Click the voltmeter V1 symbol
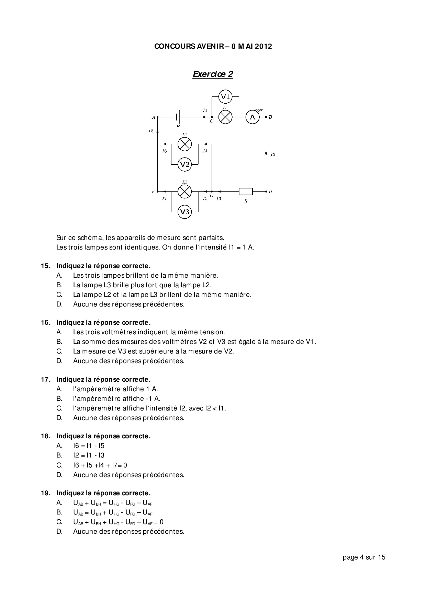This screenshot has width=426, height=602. click(225, 96)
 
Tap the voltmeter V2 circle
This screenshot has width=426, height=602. click(185, 164)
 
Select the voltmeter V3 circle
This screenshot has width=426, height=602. click(185, 212)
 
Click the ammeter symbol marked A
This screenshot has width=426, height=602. click(253, 117)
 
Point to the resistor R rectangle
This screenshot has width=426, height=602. click(246, 192)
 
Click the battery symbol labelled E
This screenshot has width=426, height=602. click(178, 117)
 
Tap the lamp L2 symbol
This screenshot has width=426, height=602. click(185, 144)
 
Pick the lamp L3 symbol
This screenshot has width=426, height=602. click(185, 192)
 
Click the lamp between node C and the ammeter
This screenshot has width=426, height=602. click(225, 117)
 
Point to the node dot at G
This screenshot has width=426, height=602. click(212, 192)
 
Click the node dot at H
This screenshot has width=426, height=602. click(266, 192)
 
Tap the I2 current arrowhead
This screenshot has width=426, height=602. click(266, 154)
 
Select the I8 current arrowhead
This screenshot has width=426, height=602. click(157, 130)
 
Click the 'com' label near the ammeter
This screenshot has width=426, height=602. click(259, 110)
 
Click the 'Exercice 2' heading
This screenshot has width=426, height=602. click(213, 74)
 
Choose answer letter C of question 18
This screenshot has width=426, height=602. click(59, 465)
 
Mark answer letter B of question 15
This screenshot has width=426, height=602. click(59, 285)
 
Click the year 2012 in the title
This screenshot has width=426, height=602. click(264, 46)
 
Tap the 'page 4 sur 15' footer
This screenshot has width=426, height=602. click(364, 557)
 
